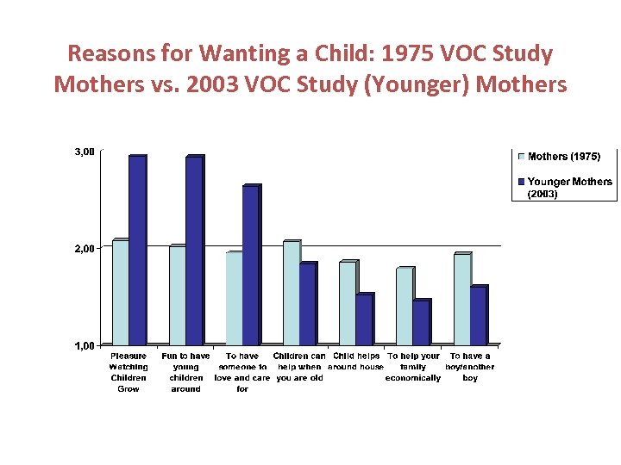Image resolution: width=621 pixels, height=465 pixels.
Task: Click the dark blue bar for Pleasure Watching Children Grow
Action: point(137,251)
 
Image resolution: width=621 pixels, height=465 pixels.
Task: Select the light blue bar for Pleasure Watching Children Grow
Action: point(120,293)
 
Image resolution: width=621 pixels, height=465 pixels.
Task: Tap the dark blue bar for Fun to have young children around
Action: point(194,251)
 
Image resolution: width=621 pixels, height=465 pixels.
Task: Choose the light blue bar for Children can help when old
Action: point(291,293)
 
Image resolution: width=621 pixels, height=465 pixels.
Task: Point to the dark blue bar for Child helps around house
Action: point(364,319)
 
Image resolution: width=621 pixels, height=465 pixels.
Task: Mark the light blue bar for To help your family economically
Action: point(404,307)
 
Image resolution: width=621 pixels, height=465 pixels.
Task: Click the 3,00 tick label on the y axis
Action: point(85,152)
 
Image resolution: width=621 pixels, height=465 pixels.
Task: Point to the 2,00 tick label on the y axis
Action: point(85,249)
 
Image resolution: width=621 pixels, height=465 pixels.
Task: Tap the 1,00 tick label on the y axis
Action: point(85,346)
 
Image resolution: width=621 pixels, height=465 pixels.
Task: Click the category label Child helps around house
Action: point(356,362)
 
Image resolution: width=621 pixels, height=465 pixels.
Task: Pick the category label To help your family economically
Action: point(413,367)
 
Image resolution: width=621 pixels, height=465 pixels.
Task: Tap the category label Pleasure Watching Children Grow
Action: point(129,372)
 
